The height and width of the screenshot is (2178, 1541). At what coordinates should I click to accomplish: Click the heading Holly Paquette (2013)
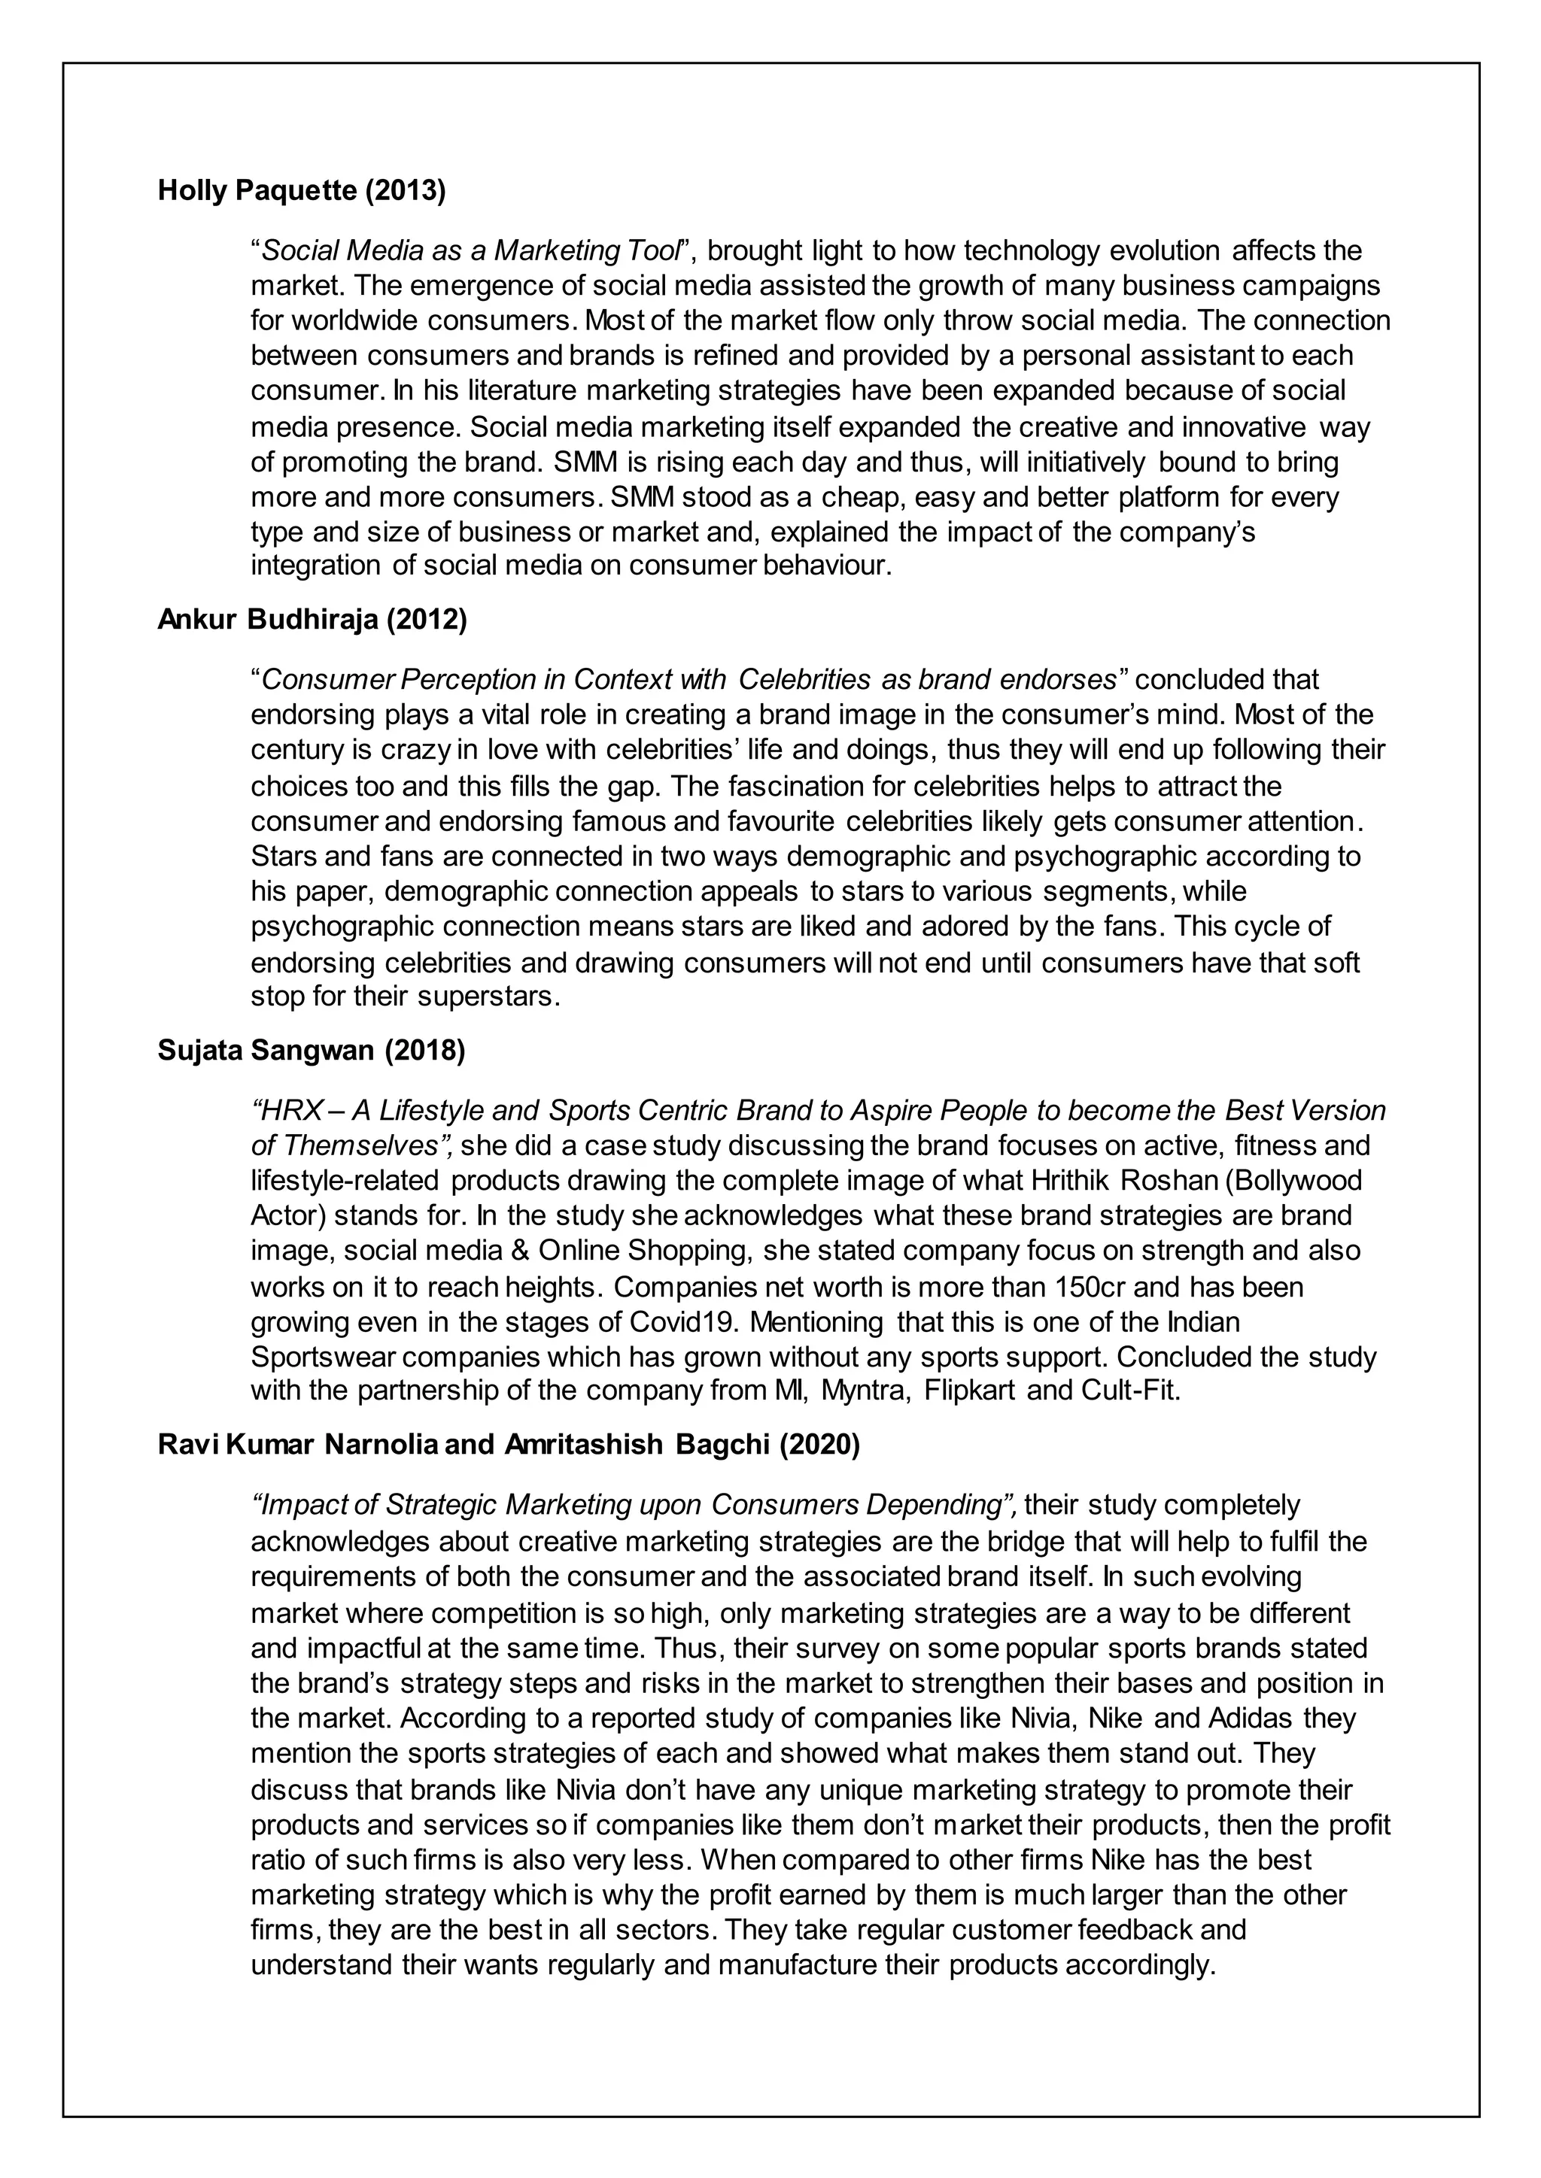pyautogui.click(x=301, y=191)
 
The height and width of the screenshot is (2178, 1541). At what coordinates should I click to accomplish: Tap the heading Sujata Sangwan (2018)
pyautogui.click(x=312, y=1051)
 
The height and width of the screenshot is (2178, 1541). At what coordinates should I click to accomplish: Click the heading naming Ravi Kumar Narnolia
pyautogui.click(x=509, y=1445)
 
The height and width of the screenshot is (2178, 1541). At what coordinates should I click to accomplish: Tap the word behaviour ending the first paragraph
pyautogui.click(x=828, y=566)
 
